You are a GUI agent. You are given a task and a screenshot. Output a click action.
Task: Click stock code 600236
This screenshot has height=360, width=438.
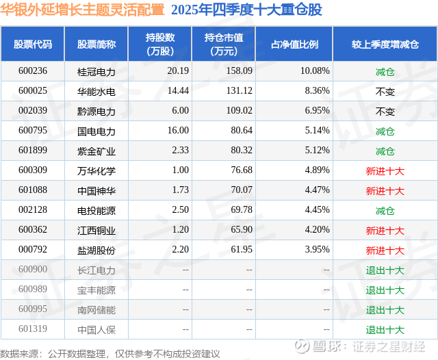coord(33,70)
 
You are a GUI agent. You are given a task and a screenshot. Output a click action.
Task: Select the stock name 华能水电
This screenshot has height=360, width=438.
coord(96,90)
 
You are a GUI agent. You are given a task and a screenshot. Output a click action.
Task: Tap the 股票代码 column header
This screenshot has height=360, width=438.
coord(33,44)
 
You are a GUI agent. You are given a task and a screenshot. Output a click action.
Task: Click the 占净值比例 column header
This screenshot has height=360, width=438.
coord(299,44)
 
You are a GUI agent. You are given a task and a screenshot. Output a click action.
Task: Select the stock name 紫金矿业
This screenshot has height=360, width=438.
coord(96,151)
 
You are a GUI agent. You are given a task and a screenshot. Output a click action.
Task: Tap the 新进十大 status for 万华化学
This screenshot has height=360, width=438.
coord(385,170)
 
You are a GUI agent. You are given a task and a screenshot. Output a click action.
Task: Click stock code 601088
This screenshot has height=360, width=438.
coord(33,190)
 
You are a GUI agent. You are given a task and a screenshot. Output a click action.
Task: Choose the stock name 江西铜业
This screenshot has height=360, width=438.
coord(96,231)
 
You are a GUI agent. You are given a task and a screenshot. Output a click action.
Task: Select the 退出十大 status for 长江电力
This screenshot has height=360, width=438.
coord(385,270)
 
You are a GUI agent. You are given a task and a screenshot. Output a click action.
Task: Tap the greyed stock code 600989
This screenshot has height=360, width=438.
coord(33,290)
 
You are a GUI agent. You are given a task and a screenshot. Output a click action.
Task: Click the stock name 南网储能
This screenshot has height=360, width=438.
coord(96,310)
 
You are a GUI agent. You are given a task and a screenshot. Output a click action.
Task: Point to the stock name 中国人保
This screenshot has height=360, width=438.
coord(96,330)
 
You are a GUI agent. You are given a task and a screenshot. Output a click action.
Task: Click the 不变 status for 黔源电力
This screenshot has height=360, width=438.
coord(385,110)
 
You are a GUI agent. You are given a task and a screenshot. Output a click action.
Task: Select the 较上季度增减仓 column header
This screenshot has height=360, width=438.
coord(385,44)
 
